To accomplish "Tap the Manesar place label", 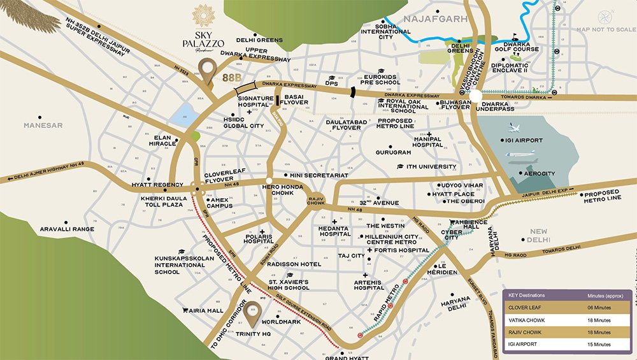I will (x=43, y=126).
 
